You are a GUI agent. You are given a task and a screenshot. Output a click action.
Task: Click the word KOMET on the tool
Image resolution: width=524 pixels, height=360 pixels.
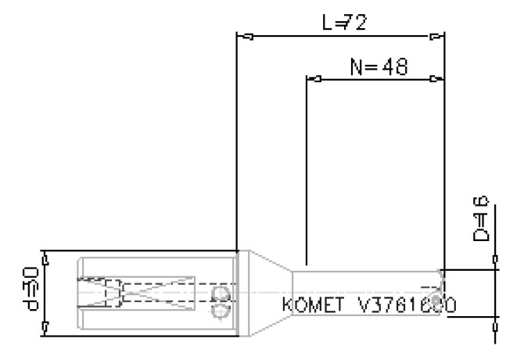coord(312,303)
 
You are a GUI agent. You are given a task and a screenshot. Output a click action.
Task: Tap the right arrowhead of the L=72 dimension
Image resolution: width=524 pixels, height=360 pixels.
coord(436,36)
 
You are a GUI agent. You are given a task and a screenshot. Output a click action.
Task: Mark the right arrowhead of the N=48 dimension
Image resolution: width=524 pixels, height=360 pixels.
coord(436,79)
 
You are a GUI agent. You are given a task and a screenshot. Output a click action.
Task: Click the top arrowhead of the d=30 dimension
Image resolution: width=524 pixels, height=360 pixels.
coord(45,257)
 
